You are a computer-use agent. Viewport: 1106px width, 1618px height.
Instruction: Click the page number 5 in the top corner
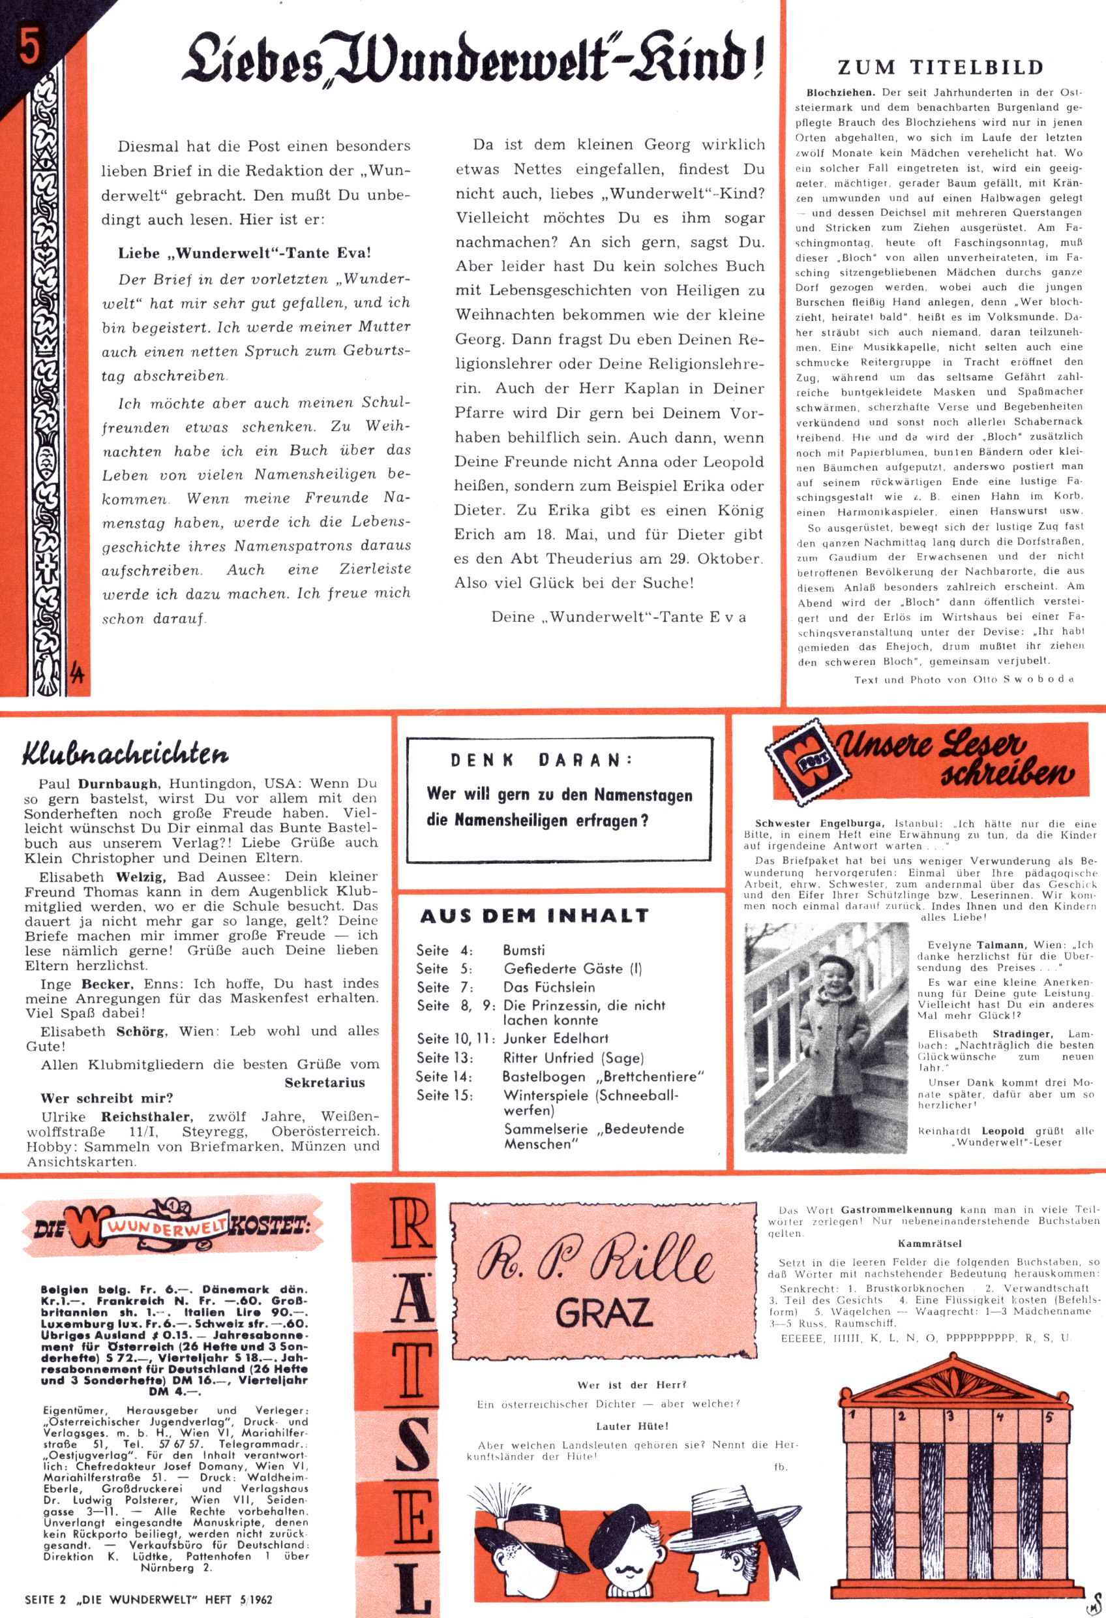(29, 50)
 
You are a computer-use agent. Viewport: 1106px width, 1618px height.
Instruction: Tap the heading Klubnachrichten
(125, 754)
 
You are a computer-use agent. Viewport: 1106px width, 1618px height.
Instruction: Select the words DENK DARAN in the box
(541, 761)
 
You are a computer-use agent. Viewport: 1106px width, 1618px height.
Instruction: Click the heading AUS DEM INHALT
(534, 915)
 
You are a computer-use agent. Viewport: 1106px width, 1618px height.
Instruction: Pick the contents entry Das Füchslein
(549, 987)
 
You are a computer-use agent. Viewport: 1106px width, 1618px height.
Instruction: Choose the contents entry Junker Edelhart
(556, 1038)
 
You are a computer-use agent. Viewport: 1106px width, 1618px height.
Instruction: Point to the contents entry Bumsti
(524, 951)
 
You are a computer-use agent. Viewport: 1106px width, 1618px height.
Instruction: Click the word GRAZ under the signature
(604, 1311)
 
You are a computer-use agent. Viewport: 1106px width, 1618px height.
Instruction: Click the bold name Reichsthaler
(146, 1116)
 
